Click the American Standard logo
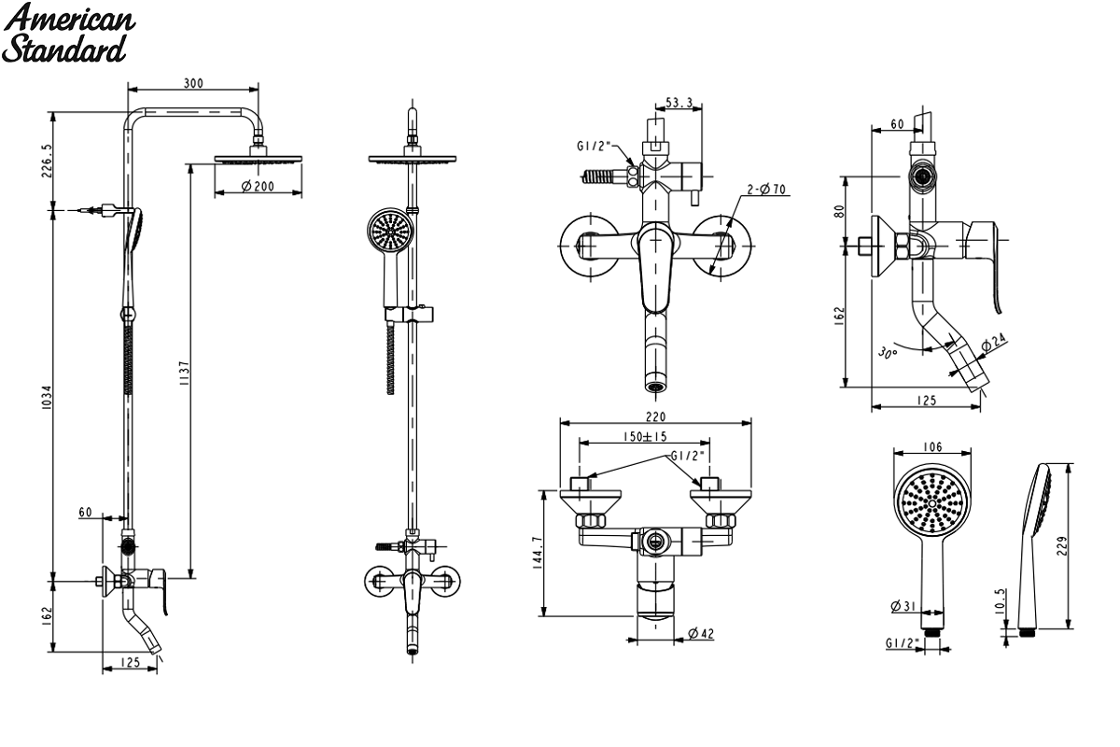68,33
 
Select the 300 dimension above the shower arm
193,83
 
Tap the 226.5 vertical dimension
47,161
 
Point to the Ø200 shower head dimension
258,187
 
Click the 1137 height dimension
185,373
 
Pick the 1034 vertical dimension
47,398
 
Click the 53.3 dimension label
679,103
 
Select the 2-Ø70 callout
766,190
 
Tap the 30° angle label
888,353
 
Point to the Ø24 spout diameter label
993,343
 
